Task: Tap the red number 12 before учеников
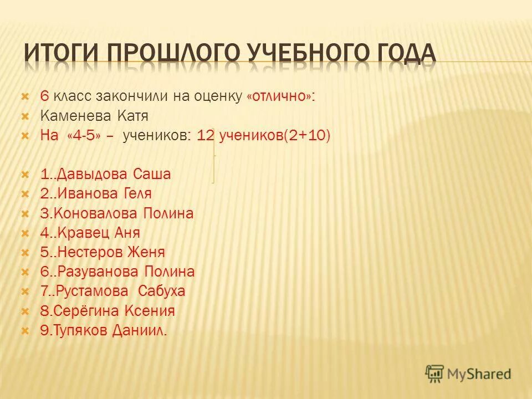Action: point(206,136)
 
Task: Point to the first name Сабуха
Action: point(161,291)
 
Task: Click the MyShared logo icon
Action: point(435,374)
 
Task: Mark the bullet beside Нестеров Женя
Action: point(24,253)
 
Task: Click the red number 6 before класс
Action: point(44,96)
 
